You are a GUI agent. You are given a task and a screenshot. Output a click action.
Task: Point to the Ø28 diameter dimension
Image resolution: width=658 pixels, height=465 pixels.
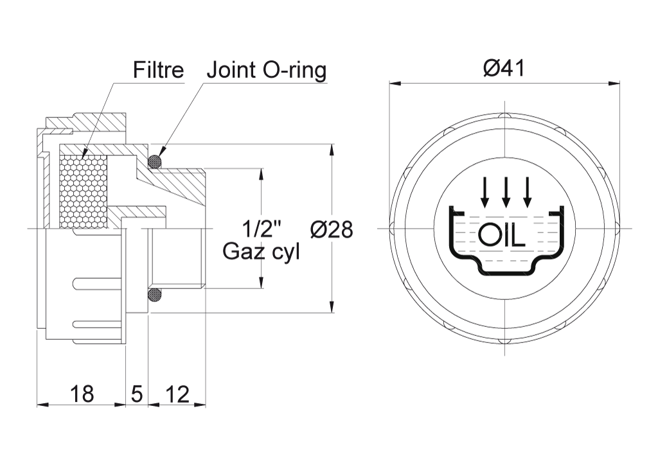[331, 229]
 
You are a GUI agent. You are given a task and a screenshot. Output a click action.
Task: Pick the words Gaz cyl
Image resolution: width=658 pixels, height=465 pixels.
[261, 251]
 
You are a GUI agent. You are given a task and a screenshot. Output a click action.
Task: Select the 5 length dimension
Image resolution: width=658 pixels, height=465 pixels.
[136, 394]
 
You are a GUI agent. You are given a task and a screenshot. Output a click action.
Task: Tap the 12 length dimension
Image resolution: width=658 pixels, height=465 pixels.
[177, 394]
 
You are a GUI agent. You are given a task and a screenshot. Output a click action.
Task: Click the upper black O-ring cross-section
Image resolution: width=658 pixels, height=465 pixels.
[156, 162]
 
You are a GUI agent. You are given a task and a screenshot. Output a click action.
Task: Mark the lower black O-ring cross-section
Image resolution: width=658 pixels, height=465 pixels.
[156, 295]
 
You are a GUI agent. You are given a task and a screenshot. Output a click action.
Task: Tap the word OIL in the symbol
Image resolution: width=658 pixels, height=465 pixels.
[502, 236]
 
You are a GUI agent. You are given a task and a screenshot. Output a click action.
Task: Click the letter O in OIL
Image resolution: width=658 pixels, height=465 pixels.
[488, 236]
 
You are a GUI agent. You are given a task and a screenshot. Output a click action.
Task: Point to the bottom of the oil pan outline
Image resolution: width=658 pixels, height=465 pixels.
[506, 272]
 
